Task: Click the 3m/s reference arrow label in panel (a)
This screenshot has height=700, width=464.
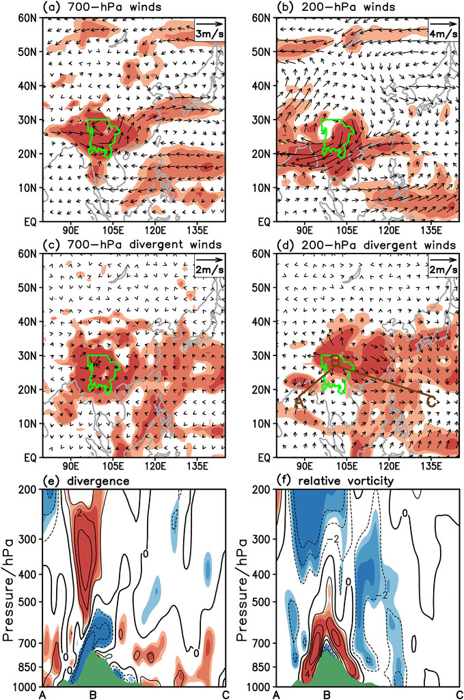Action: (x=208, y=33)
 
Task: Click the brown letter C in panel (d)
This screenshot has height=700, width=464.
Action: (x=431, y=402)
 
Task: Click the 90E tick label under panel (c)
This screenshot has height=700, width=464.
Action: (x=70, y=467)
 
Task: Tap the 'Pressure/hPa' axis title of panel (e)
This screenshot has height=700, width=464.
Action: (x=9, y=587)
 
